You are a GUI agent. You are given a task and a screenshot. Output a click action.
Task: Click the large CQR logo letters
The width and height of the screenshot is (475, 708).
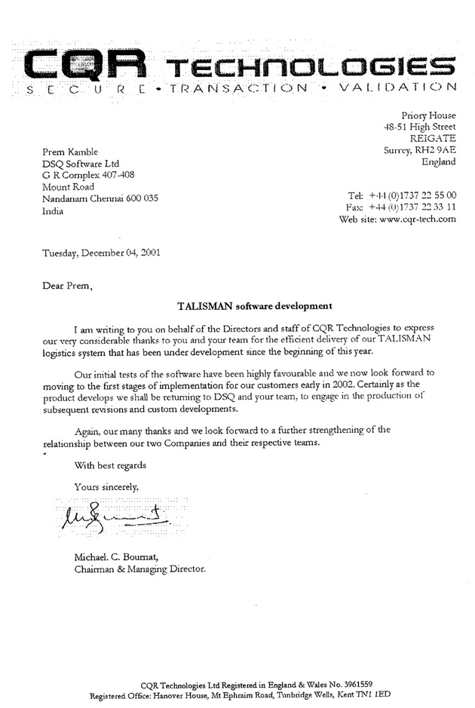[82, 63]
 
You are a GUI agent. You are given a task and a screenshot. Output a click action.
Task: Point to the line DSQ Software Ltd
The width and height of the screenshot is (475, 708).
[81, 163]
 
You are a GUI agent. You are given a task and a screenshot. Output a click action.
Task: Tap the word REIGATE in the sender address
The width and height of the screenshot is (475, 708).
[433, 138]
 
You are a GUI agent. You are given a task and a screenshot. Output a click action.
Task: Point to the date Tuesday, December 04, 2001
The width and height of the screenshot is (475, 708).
[100, 253]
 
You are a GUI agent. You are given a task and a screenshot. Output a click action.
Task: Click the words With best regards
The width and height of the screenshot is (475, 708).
[110, 465]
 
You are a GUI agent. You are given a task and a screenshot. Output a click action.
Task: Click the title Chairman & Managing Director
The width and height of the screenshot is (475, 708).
[139, 569]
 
